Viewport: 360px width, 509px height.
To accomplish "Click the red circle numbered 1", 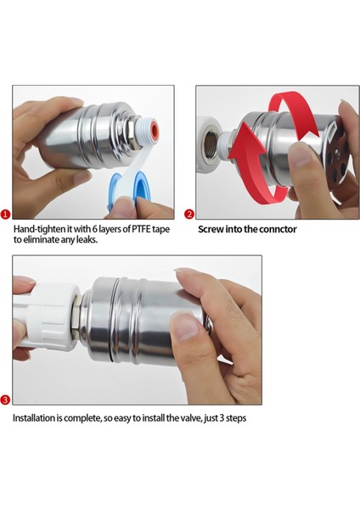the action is coord(6,215).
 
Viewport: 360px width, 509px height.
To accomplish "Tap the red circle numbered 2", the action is coord(189,215).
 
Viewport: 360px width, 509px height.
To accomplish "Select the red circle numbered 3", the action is coord(6,400).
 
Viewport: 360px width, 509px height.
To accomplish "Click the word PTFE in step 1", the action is coord(141,229).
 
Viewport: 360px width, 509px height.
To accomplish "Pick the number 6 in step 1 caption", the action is coord(94,229).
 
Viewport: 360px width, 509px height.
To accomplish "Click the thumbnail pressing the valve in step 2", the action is coord(301,154).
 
